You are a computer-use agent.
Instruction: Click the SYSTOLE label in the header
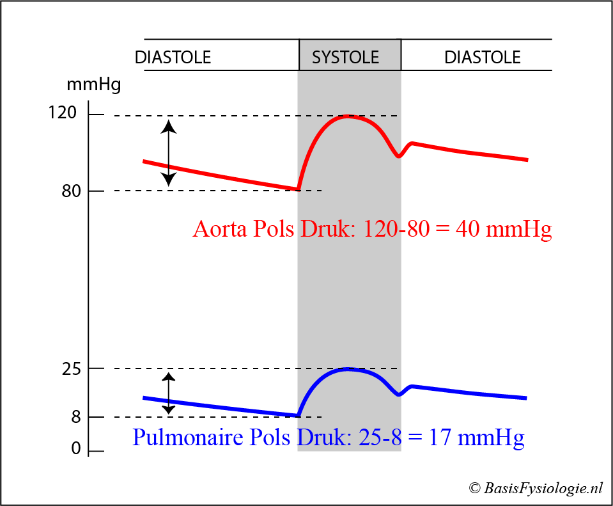(x=346, y=58)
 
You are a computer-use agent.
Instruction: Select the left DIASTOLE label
(x=173, y=58)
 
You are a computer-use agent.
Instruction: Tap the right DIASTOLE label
(x=483, y=58)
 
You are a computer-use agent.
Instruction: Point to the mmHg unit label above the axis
(x=93, y=84)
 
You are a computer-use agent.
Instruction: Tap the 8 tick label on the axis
(x=76, y=418)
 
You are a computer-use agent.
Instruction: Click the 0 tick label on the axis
(x=76, y=450)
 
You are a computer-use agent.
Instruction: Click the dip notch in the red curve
(x=399, y=155)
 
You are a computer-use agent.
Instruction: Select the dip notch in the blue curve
(x=399, y=394)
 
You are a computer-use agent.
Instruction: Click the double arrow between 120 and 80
(x=168, y=152)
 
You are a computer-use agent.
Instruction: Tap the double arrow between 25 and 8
(x=168, y=393)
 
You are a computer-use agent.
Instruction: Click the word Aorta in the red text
(x=219, y=230)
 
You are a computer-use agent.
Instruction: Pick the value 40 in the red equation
(x=466, y=230)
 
